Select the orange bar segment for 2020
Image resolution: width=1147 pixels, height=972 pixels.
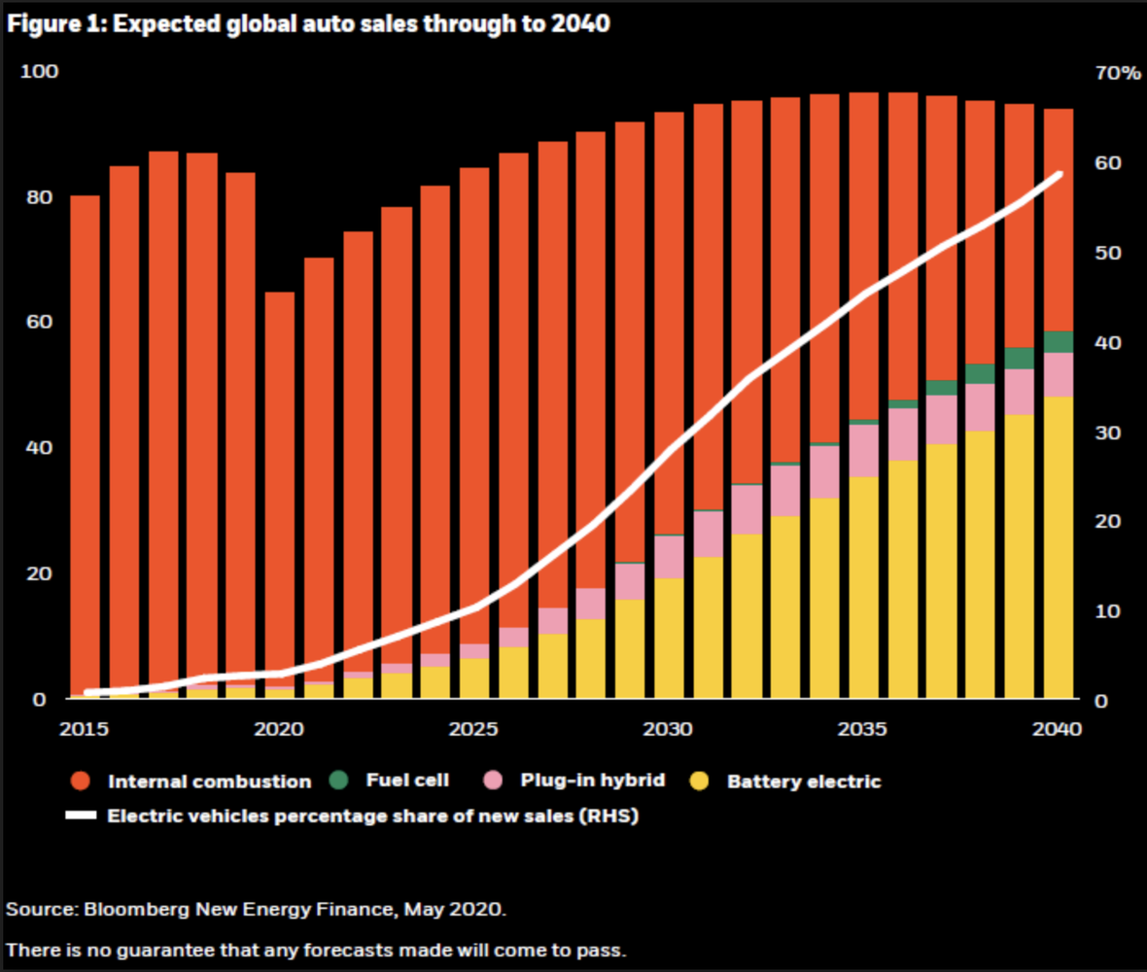[x=280, y=486]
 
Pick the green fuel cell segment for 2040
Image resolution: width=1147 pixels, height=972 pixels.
[x=1058, y=342]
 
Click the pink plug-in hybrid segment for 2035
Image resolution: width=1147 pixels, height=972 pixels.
[x=863, y=451]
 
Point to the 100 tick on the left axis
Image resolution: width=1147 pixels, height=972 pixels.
[x=46, y=72]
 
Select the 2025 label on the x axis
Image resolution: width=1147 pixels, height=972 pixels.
[x=474, y=728]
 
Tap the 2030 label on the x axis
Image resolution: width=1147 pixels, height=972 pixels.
[x=669, y=728]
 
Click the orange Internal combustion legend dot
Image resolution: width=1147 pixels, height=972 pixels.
[x=80, y=781]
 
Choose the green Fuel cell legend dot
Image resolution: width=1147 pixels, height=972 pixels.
[x=337, y=780]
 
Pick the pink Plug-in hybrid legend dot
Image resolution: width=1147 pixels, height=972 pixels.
[x=493, y=780]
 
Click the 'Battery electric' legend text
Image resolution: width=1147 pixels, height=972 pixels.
[x=804, y=781]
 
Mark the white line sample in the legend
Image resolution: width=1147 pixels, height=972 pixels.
[x=81, y=816]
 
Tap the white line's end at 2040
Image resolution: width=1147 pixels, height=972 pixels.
[x=1059, y=175]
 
